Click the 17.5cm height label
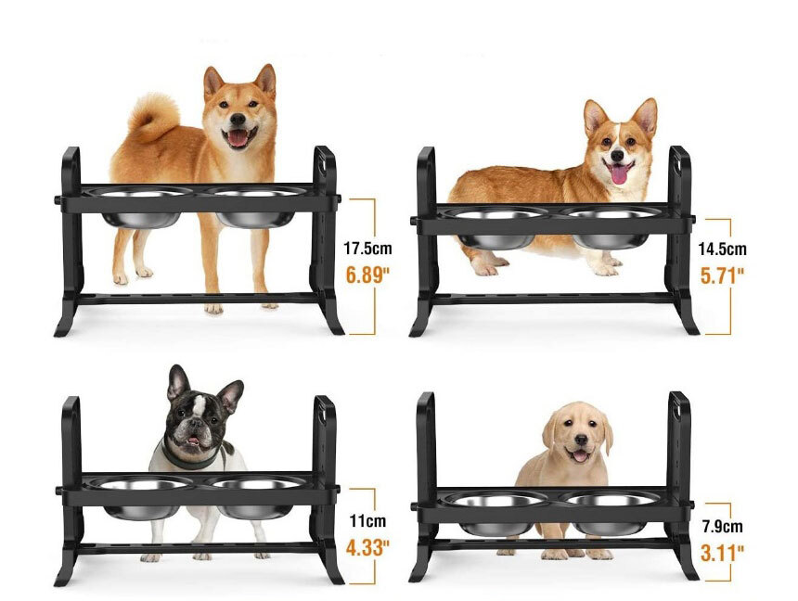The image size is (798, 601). (x=367, y=249)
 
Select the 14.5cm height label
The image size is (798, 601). (x=722, y=249)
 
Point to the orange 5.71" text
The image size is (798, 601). (x=722, y=275)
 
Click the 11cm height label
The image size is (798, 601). (x=367, y=521)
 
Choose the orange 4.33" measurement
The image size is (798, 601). (x=367, y=548)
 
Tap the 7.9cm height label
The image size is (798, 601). (x=722, y=526)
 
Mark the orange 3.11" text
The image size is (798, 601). (x=722, y=553)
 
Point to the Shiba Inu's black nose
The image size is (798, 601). (x=238, y=120)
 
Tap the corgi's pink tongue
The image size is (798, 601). (x=618, y=174)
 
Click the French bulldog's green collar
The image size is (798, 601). (x=192, y=457)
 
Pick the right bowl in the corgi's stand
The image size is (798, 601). (x=611, y=228)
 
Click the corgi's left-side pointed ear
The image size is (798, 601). (x=596, y=117)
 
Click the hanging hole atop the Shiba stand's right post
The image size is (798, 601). (x=323, y=162)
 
